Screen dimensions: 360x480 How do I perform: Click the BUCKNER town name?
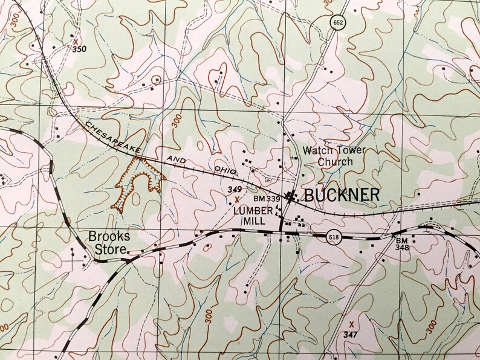click(x=342, y=194)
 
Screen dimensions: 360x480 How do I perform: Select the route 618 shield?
click(x=333, y=237)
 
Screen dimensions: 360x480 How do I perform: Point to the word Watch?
click(x=318, y=150)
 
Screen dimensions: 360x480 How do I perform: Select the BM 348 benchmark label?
click(x=403, y=245)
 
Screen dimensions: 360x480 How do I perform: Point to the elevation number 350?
click(x=79, y=49)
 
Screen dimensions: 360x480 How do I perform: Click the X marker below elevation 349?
click(x=237, y=198)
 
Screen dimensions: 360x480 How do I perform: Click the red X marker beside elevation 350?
click(x=76, y=40)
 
